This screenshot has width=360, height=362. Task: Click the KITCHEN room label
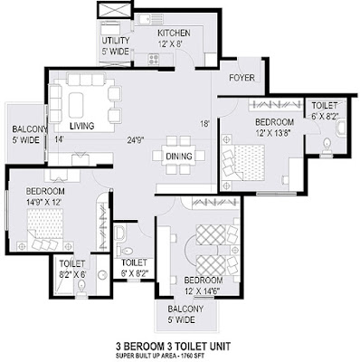[x=174, y=33]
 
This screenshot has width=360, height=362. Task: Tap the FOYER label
[x=242, y=78]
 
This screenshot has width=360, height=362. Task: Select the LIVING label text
[x=81, y=126]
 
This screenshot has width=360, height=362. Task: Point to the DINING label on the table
[x=179, y=157]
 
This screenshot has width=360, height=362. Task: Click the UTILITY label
[x=116, y=41]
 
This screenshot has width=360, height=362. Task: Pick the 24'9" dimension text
[x=136, y=140]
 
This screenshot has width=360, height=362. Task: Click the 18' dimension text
[x=204, y=124]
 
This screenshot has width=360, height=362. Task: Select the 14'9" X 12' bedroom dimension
[x=44, y=202]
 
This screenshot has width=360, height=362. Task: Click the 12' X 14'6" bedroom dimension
[x=202, y=291]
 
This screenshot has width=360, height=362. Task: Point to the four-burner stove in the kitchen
[x=154, y=59]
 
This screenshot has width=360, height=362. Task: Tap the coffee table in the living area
[x=76, y=105]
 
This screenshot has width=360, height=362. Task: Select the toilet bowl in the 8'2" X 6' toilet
[x=81, y=288]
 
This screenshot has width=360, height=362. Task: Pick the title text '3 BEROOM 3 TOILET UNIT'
[x=174, y=346]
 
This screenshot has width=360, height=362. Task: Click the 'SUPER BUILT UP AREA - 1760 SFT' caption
[x=160, y=356]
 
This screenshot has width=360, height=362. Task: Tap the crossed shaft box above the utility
[x=114, y=10]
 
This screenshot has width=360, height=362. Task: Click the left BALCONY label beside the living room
[x=29, y=129]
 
